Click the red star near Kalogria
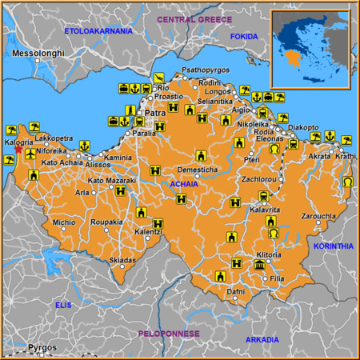point(18,149)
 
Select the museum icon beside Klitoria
point(259,265)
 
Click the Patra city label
point(155,114)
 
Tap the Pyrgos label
point(42,347)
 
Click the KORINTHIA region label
point(334,246)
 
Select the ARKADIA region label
point(262,340)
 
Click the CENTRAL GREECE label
point(194,18)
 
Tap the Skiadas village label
point(122,261)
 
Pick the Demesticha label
point(197,170)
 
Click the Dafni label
point(235,292)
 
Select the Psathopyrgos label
point(206,70)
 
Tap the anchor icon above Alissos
point(84,146)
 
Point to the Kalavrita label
point(265,209)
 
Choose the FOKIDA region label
point(244,36)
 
